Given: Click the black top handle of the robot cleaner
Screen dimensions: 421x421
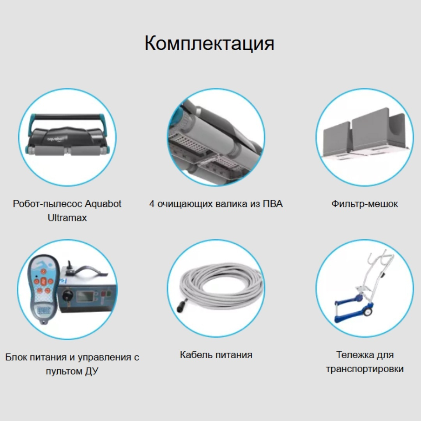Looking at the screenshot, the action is click(x=67, y=117).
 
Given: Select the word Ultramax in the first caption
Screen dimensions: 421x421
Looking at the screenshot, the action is click(x=67, y=218).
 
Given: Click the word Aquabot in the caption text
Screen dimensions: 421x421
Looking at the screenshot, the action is click(x=103, y=204).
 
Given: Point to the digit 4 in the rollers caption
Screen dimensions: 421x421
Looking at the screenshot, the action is click(x=152, y=204).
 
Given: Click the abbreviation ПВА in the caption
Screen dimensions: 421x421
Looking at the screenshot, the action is click(x=273, y=204).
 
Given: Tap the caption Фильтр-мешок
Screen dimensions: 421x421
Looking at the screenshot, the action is click(x=364, y=204).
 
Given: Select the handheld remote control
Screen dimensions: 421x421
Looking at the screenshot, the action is click(x=44, y=288).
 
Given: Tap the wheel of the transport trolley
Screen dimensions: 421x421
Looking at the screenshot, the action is click(x=367, y=311).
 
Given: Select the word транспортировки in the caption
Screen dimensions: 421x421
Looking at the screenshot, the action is click(x=365, y=369).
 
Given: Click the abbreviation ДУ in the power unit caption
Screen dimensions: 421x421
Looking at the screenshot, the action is click(x=91, y=371).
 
